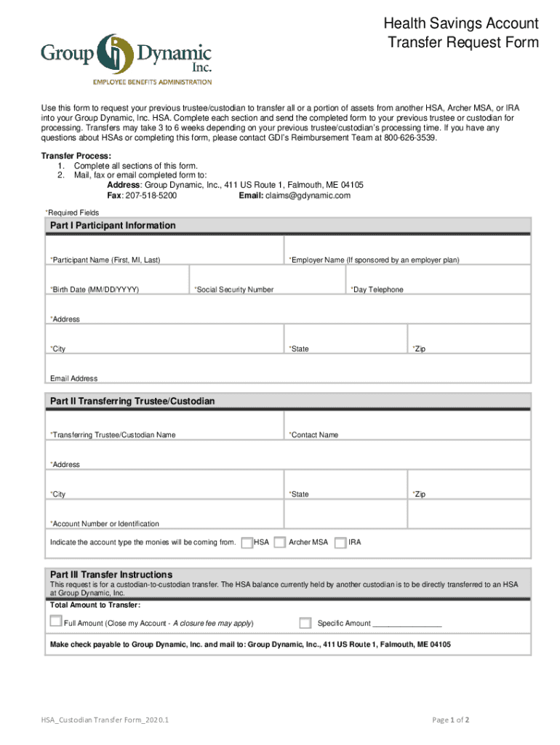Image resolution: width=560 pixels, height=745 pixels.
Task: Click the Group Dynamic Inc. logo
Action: coord(126,58)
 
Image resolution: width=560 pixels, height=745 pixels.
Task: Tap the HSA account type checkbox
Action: coord(247,542)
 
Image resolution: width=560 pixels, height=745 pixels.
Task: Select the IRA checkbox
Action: coord(340,542)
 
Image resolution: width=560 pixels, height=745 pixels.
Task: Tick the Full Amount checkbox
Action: coord(56,621)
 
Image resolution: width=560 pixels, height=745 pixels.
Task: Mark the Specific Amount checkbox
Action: coord(305,623)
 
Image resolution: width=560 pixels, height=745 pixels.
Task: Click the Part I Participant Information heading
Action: coord(113,226)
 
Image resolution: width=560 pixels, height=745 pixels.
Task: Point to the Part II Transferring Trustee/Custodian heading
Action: coord(132,402)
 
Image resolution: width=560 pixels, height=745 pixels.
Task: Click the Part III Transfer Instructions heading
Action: coord(111,574)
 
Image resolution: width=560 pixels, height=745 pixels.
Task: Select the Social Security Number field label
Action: coord(234,290)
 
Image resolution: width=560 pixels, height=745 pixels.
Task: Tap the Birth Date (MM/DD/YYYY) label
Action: coord(95,290)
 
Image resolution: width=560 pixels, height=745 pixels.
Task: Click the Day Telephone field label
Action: coord(377,290)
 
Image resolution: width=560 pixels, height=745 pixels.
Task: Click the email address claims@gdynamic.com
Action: coord(308,196)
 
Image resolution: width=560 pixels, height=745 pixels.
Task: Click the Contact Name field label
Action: coord(313,435)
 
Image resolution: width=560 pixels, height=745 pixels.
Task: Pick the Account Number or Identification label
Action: coord(105,524)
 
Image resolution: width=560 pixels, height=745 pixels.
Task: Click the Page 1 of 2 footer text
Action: coord(450,720)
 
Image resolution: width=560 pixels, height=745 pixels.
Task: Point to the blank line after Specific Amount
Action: coord(407,624)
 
